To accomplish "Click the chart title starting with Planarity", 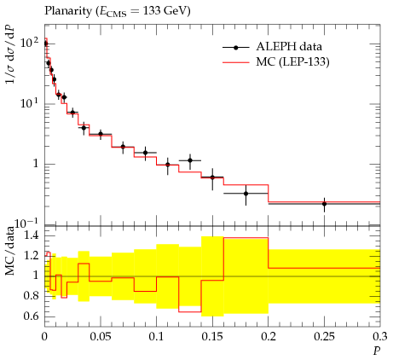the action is pyautogui.click(x=118, y=11).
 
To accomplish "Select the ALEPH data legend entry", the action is pyautogui.click(x=272, y=47).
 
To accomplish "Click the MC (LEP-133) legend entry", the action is pyautogui.click(x=276, y=61).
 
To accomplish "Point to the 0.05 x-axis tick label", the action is pyautogui.click(x=101, y=337).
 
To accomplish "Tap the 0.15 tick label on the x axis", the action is pyautogui.click(x=212, y=337).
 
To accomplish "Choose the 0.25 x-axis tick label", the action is pyautogui.click(x=324, y=337).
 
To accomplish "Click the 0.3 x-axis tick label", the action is pyautogui.click(x=379, y=337).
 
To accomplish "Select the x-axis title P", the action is pyautogui.click(x=377, y=351).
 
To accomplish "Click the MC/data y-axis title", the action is pyautogui.click(x=10, y=251).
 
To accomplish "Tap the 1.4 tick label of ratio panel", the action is pyautogui.click(x=31, y=235).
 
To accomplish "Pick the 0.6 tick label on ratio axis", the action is pyautogui.click(x=31, y=316).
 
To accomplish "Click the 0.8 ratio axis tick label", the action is pyautogui.click(x=31, y=296).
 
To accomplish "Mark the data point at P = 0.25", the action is pyautogui.click(x=324, y=204).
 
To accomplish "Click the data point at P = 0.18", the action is pyautogui.click(x=246, y=194).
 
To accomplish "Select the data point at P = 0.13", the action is pyautogui.click(x=190, y=160).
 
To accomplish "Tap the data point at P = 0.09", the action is pyautogui.click(x=145, y=153).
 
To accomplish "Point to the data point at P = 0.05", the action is pyautogui.click(x=101, y=134).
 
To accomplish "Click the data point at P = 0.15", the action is pyautogui.click(x=212, y=177).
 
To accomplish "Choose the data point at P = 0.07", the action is pyautogui.click(x=123, y=147).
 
